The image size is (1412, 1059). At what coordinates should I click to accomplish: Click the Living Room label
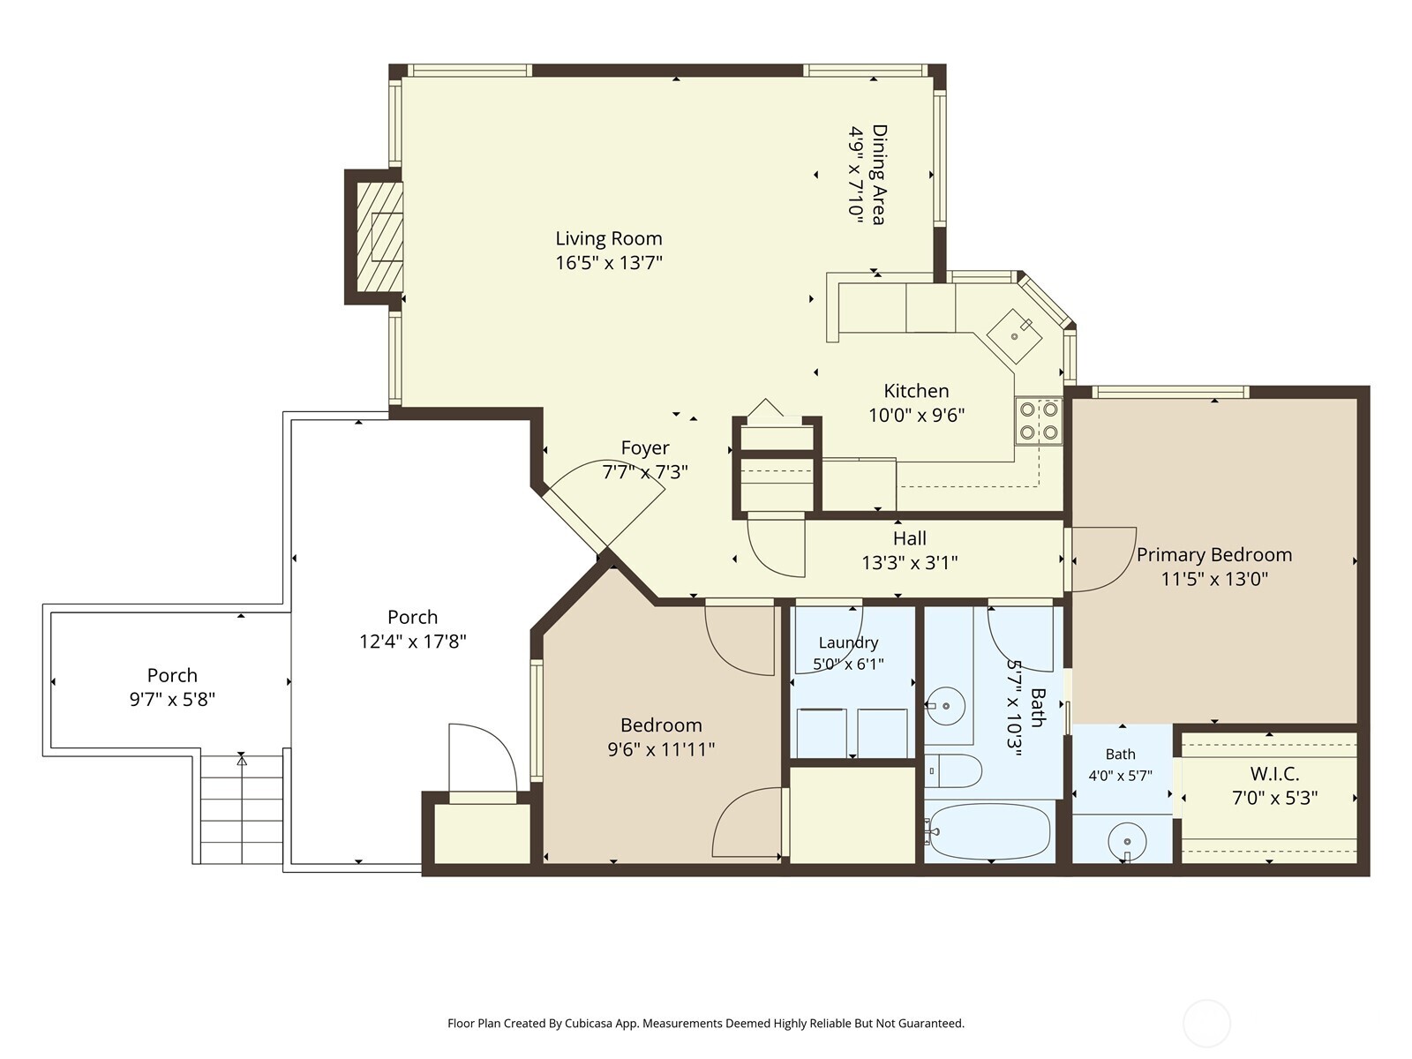click(x=609, y=238)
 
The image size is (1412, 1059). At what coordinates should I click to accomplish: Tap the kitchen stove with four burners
click(x=1039, y=421)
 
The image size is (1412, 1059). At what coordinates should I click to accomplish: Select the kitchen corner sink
click(x=1015, y=336)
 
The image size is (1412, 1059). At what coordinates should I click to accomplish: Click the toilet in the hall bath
click(x=953, y=771)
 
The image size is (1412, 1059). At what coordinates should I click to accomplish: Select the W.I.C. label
click(x=1274, y=774)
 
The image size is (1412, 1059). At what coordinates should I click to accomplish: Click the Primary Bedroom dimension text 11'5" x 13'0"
click(x=1213, y=579)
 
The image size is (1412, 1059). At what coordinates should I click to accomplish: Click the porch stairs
click(x=241, y=809)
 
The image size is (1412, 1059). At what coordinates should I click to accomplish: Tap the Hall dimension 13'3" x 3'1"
click(x=910, y=563)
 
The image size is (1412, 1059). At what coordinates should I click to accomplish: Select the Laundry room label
click(x=848, y=642)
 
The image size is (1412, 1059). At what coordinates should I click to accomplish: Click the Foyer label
click(x=645, y=447)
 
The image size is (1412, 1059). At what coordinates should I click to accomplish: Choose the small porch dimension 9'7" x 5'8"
click(x=172, y=699)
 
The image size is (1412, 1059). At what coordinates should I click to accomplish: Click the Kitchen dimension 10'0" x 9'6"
click(x=917, y=416)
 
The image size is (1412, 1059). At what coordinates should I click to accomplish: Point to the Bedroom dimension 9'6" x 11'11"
click(x=661, y=750)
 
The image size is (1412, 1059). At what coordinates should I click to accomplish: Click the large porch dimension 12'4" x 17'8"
click(x=412, y=642)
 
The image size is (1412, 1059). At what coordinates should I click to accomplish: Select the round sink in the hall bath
click(x=946, y=706)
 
